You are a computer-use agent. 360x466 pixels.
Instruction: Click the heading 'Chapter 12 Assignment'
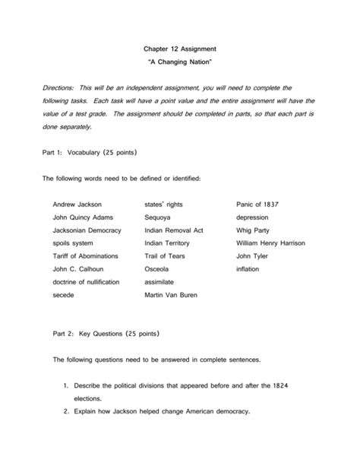[x=179, y=44]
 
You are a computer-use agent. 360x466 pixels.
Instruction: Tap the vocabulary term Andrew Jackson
[x=77, y=204]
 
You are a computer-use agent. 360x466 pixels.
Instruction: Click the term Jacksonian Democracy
[x=89, y=230]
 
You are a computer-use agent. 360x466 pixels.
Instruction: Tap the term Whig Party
[x=254, y=230]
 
